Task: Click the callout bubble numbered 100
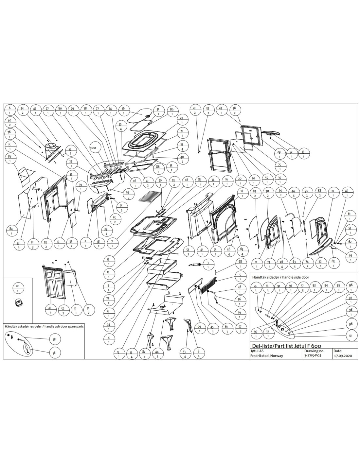pos(93,148)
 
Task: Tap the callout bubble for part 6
pos(10,110)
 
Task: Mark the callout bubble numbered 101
pos(351,336)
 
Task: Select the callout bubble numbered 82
pos(144,353)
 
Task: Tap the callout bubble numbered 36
pos(123,110)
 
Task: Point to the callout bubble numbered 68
pos(240,264)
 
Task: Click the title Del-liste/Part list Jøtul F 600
pos(285,346)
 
